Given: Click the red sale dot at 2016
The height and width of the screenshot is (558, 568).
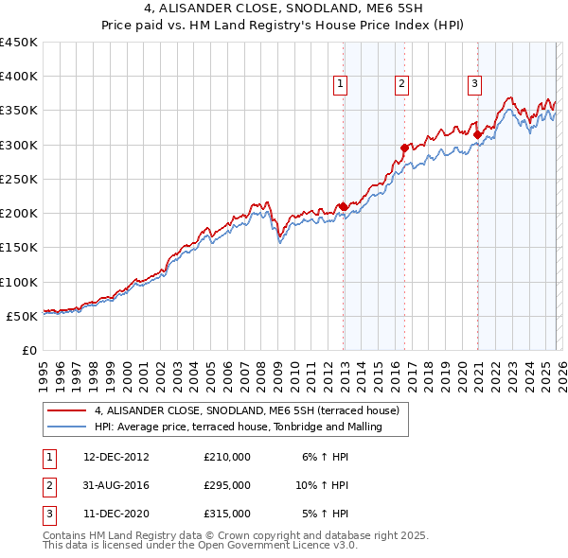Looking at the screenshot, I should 404,148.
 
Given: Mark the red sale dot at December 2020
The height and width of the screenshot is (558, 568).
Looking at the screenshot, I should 477,134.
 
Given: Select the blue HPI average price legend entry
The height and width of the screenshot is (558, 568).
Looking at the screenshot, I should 237,427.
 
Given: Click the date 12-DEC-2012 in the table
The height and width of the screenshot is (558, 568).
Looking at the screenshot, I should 115,456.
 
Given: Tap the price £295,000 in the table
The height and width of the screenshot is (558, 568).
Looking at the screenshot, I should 227,485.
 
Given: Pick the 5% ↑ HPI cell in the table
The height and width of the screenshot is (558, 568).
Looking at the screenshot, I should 325,514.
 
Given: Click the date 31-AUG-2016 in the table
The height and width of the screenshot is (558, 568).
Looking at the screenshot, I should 115,485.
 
